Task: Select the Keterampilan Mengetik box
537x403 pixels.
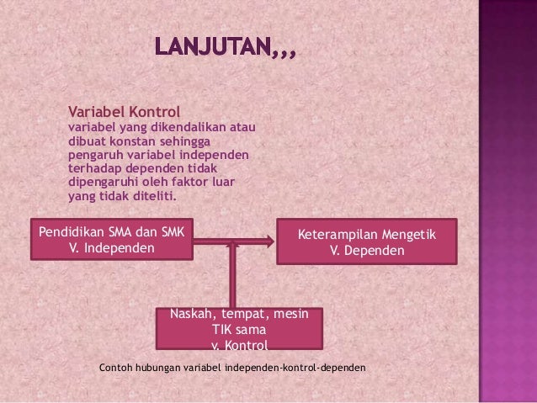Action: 367,241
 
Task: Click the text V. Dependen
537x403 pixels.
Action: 367,251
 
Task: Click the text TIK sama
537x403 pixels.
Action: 239,329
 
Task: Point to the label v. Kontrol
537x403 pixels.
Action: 239,344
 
